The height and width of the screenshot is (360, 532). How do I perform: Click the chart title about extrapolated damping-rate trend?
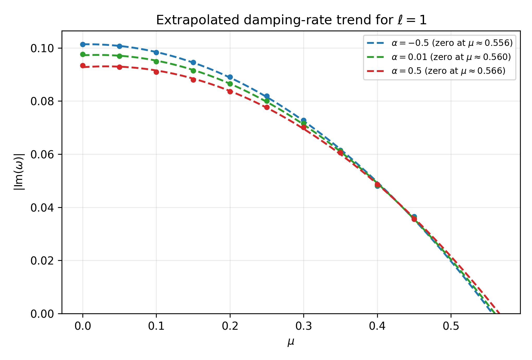click(x=291, y=20)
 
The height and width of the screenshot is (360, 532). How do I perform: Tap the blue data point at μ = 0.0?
click(x=83, y=44)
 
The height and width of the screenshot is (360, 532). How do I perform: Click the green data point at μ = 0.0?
click(x=83, y=55)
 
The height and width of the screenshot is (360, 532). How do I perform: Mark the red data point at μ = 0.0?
click(x=83, y=66)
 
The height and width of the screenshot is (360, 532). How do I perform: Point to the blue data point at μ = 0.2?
click(x=230, y=77)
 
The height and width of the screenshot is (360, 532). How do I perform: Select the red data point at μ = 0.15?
click(x=193, y=80)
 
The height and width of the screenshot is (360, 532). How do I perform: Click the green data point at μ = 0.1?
click(x=156, y=62)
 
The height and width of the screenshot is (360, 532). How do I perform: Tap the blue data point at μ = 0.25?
click(x=267, y=96)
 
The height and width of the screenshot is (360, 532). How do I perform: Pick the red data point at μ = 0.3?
click(x=304, y=127)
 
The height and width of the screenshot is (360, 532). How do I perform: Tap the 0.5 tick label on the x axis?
click(x=451, y=326)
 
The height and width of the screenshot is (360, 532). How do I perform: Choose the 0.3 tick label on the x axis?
click(x=304, y=326)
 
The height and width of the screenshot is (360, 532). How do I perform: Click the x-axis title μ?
click(x=291, y=342)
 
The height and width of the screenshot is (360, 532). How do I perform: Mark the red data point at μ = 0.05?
click(x=119, y=67)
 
